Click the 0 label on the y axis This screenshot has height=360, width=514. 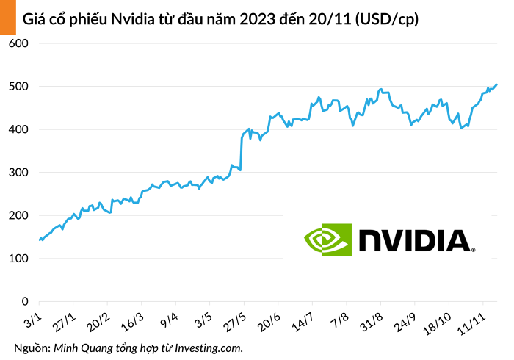click(x=24, y=302)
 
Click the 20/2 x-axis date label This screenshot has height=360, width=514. click(x=99, y=321)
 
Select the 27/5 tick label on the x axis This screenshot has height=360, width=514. click(x=235, y=321)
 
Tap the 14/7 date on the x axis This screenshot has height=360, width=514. click(x=303, y=321)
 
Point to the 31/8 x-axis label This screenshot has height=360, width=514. click(x=372, y=321)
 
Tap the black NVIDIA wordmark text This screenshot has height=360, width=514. click(x=415, y=240)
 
